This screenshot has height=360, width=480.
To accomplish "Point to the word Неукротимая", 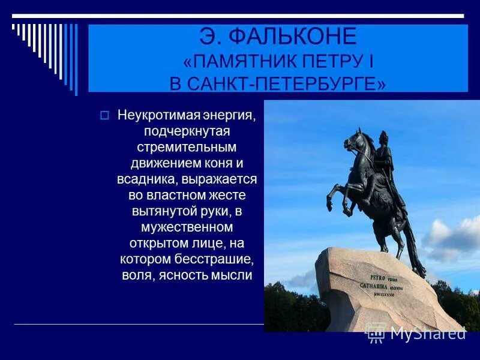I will click(151, 115).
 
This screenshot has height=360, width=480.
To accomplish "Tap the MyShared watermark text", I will click(427, 332).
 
